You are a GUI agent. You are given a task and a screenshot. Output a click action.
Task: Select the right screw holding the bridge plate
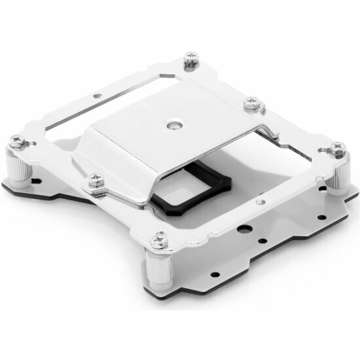click(251, 103)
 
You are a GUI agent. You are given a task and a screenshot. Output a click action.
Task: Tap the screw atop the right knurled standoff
click(338, 148)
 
